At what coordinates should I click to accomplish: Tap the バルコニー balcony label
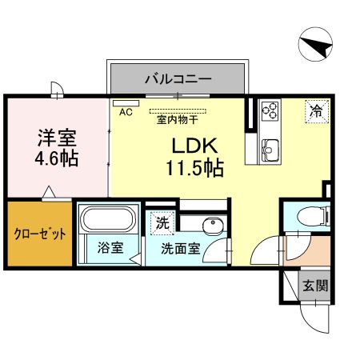point(178,79)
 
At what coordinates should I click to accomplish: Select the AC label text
point(126,113)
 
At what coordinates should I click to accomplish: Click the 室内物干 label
point(177,119)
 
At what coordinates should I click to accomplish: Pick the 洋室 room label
point(56,136)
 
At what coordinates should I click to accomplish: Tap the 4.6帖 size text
point(56,158)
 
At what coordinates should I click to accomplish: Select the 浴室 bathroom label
point(110,248)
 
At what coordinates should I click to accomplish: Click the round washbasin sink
point(213,226)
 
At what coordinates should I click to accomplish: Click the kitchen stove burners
point(270,110)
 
